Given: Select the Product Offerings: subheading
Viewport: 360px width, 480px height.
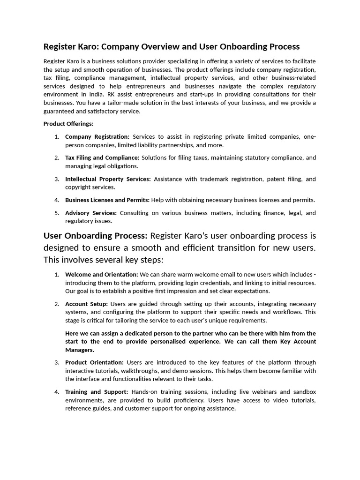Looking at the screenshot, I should pos(68,124).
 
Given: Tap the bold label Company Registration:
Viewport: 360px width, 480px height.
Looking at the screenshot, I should pos(97,136).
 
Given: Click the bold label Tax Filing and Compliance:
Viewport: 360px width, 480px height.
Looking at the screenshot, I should pos(102,157).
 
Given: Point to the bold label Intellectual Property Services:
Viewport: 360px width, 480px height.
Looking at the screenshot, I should pos(108,179).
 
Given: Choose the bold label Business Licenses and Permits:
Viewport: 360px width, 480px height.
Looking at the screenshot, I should pos(107,200).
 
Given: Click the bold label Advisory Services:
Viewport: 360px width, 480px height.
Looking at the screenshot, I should pos(91,213).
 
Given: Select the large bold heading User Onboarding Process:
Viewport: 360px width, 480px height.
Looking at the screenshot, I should pos(96,235).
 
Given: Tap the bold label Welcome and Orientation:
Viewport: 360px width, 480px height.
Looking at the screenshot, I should pos(102,274).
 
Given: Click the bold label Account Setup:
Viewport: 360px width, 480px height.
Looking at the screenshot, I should pos(86,304).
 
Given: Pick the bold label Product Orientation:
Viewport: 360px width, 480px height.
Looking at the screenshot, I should pos(94,362).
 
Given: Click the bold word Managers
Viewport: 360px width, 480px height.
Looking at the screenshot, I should pos(80,350).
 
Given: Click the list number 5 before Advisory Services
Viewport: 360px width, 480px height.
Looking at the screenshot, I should pos(56,213).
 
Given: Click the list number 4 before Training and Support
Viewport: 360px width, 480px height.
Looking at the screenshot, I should pos(56,391).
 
